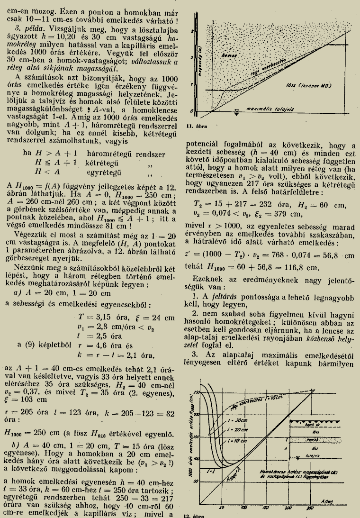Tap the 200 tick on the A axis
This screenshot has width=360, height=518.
point(287,507)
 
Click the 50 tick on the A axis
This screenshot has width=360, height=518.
point(221,507)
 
